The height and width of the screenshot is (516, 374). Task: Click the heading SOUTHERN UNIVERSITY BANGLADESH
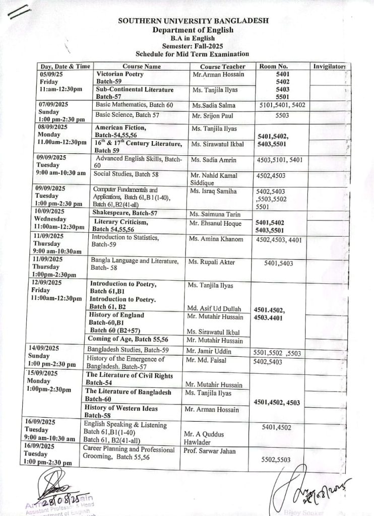coord(193,21)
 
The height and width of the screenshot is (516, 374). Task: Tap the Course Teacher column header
coord(222,67)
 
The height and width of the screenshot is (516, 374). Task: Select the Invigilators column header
coord(330,66)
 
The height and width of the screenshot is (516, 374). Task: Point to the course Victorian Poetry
coord(120,74)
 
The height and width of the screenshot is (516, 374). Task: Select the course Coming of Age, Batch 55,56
coord(128,339)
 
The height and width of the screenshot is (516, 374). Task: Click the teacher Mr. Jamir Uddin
coord(209,351)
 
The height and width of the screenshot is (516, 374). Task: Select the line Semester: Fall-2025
coord(193,45)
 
